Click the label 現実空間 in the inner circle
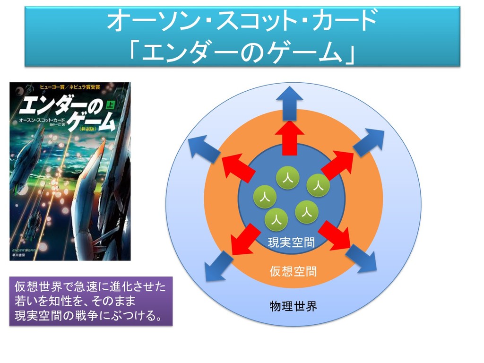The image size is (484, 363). coord(291,243)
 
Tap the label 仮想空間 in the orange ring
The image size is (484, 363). coord(293,271)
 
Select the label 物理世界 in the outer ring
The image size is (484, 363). coord(293,306)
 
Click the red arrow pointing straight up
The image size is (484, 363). coord(290,137)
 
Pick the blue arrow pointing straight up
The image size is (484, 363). coord(290,101)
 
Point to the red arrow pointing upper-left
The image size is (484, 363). coord(239,165)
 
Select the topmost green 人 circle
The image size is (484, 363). coord(286,177)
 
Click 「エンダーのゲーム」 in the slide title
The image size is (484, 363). coord(242,50)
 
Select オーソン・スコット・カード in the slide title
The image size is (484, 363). coord(242,21)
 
